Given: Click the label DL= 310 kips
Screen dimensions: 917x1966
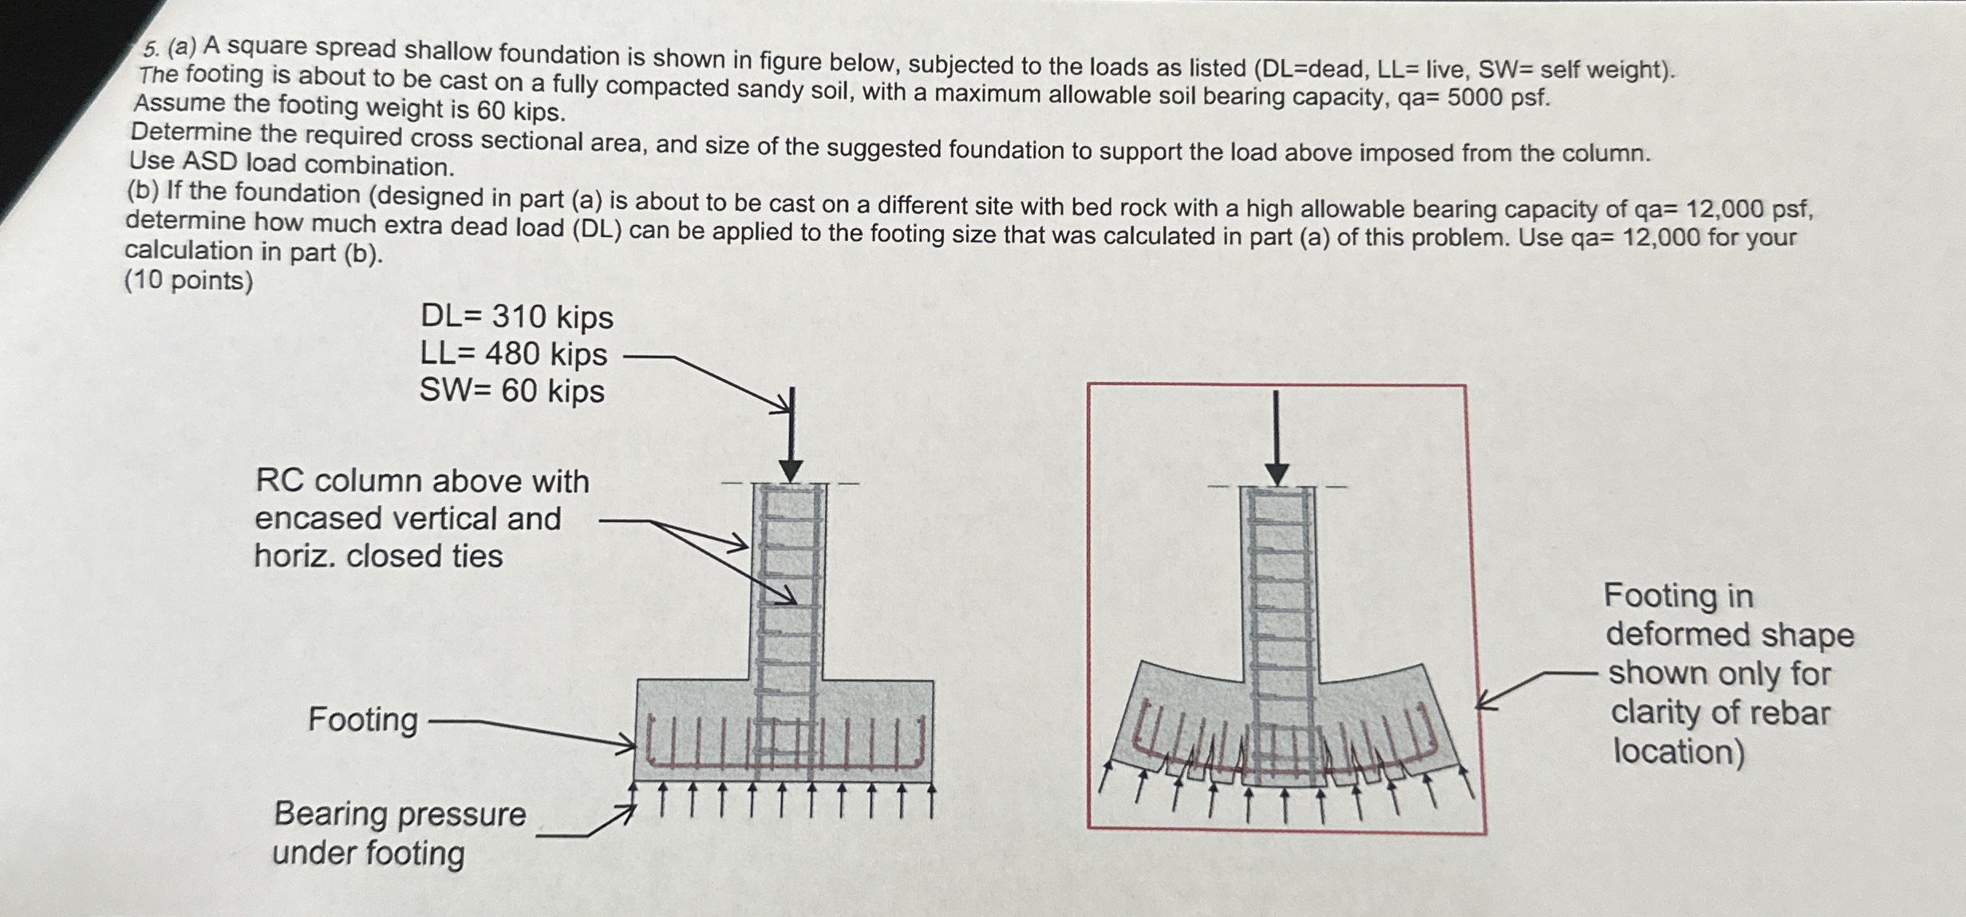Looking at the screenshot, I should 516,317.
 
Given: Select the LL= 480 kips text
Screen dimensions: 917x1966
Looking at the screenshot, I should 513,354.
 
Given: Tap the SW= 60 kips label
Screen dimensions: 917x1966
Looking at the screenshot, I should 511,391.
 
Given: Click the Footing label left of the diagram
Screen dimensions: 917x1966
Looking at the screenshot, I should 362,719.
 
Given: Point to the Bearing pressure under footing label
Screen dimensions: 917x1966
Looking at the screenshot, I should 399,833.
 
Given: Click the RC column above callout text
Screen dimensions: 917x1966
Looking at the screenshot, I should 421,519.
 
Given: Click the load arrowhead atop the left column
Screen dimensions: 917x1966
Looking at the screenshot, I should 790,471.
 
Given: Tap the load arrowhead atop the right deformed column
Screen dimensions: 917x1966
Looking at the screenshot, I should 1277,474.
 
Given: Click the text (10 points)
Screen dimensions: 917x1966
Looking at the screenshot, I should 188,281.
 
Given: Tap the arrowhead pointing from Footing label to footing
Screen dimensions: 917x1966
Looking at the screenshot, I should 629,746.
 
